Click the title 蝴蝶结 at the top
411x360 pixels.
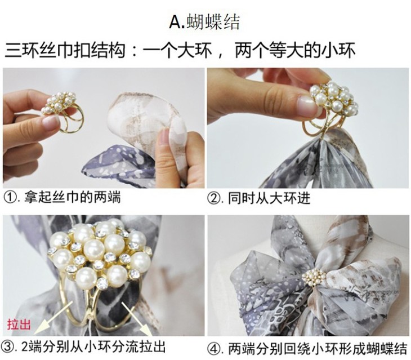[213, 23]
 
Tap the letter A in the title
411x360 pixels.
[175, 23]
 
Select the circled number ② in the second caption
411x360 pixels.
[213, 198]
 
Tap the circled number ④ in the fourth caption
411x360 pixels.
[213, 349]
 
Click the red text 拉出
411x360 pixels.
[19, 325]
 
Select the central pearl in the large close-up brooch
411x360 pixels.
[95, 250]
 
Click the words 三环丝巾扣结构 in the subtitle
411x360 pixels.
[65, 50]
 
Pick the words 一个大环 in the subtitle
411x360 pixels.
[178, 50]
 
